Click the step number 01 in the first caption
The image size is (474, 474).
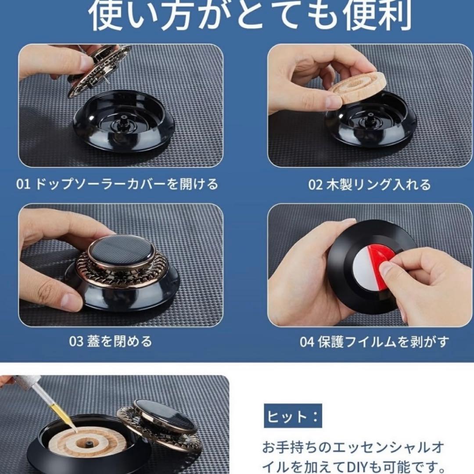23,184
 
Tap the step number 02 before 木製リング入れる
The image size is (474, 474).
315,185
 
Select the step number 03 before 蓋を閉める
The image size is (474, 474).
76,341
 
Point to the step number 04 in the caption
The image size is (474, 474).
307,342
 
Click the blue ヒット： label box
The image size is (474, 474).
293,416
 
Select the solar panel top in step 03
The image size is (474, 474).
122,250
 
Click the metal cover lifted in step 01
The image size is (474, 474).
98,72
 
